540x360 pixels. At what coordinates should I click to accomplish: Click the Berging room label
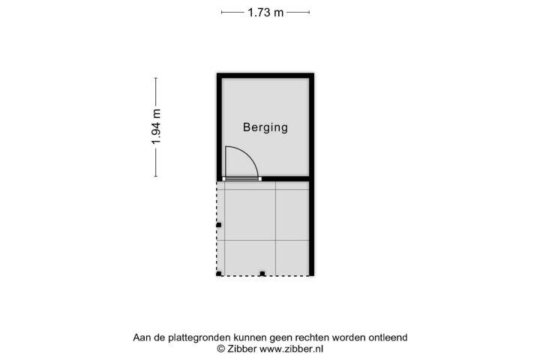pos(265,127)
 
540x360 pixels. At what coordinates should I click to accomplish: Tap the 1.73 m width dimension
pos(265,13)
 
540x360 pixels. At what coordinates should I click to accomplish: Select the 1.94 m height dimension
pos(156,127)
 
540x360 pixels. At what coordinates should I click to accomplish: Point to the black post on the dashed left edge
pos(219,225)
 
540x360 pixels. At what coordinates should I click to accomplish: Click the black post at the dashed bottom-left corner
pos(219,274)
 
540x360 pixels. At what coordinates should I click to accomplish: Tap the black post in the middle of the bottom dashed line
pos(262,274)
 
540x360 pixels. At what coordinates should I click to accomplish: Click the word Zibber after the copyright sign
pos(241,349)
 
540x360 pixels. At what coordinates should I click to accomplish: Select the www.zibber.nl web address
pos(291,349)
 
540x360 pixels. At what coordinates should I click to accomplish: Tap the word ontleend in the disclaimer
pos(388,337)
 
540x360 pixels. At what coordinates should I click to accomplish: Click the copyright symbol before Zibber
pos(221,349)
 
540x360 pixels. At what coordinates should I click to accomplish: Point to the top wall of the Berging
pos(265,76)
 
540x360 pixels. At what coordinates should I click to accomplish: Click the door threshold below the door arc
pos(241,178)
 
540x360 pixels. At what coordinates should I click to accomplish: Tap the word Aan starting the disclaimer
pos(142,337)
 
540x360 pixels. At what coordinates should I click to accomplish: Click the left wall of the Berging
pos(219,127)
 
